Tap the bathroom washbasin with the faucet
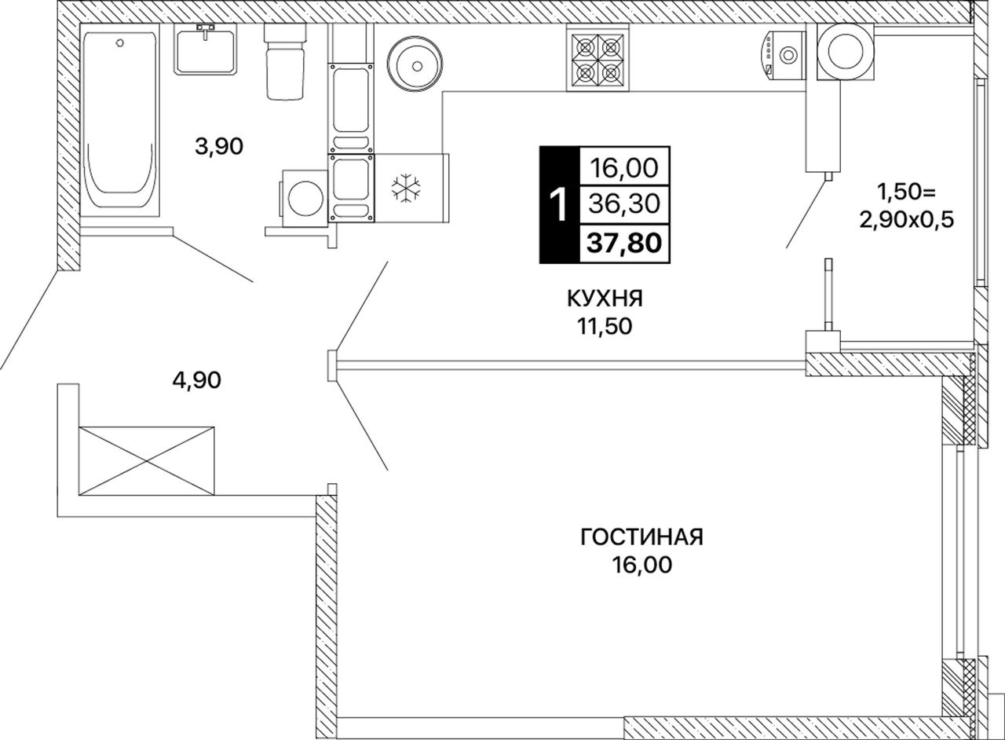tap(206, 49)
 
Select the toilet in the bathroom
tap(284, 61)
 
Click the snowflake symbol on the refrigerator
tap(406, 187)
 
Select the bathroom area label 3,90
tap(219, 146)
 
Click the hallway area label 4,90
tap(196, 380)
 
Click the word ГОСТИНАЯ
tap(641, 537)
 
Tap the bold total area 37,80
tap(624, 244)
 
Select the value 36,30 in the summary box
tap(624, 205)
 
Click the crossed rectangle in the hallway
tap(146, 461)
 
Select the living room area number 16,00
tap(642, 565)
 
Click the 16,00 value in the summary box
tap(624, 167)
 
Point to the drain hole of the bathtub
tap(119, 42)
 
